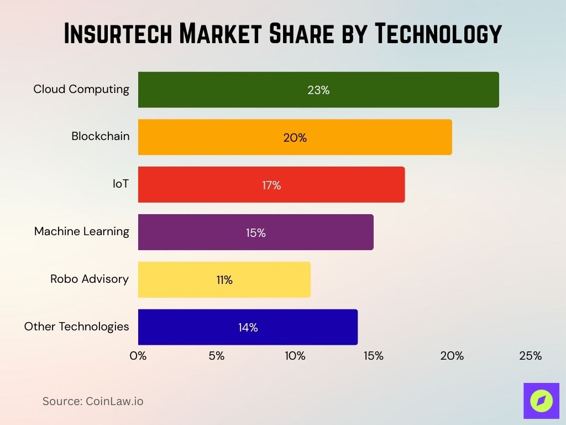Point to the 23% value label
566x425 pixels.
point(318,90)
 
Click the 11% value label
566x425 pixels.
point(224,280)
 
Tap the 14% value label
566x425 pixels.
point(248,328)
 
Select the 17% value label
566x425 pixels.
point(271,185)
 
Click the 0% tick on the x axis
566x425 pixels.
point(138,356)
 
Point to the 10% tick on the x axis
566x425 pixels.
point(295,356)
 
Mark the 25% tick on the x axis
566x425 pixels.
point(530,356)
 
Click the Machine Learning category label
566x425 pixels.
point(82,231)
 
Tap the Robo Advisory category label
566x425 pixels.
point(90,279)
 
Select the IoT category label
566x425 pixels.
point(120,184)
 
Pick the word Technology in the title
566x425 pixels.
point(438,34)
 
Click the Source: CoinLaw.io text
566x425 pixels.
point(93,401)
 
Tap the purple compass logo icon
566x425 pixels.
point(541,401)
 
